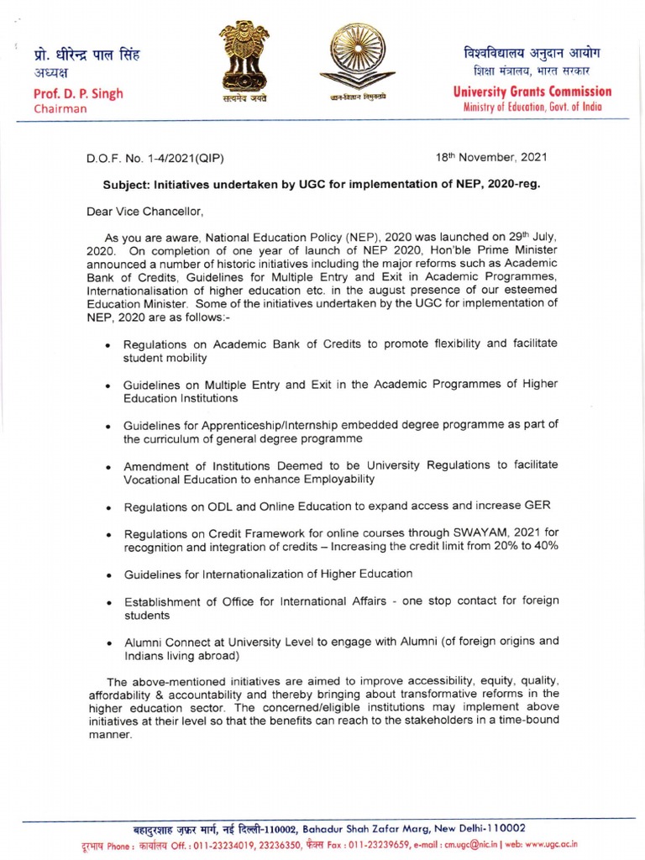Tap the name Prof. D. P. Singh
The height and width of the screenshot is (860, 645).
(x=78, y=93)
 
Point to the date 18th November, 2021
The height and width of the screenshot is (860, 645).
(x=481, y=157)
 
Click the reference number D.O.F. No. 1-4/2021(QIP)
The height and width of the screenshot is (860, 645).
(x=155, y=158)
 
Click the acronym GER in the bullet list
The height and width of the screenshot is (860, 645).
(x=537, y=506)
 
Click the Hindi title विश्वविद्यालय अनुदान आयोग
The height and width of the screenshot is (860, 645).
(x=532, y=53)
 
